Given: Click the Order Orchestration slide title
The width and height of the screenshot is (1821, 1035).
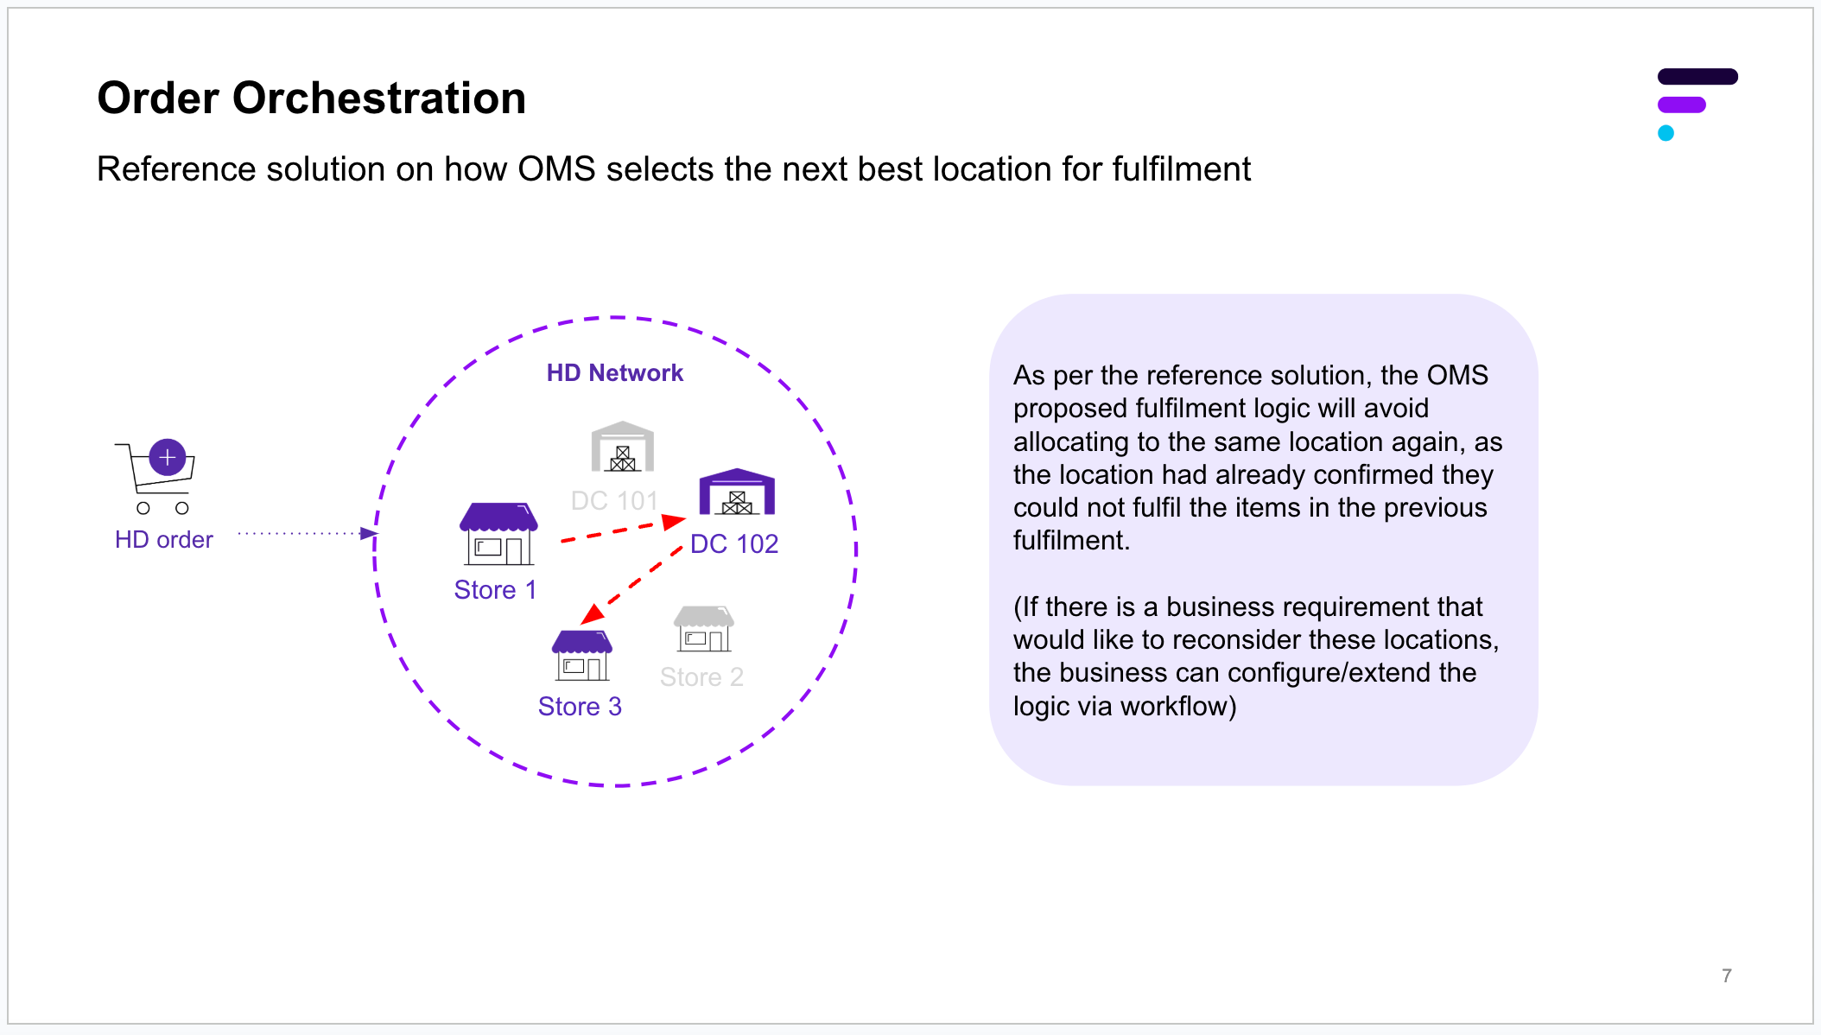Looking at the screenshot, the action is point(311,98).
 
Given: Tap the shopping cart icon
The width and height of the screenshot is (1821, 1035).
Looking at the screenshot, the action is point(155,477).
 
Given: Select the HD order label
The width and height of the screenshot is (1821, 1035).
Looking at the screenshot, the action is point(164,540).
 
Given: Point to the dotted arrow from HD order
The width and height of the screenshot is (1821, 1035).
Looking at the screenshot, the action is point(308,533).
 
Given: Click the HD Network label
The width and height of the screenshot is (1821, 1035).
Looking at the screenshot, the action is point(615,373).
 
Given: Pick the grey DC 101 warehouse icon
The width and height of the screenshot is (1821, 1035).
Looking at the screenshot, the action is point(622,446).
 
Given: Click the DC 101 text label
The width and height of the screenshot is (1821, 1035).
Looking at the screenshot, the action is point(615,500).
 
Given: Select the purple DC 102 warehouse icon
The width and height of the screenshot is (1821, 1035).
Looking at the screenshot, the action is point(737,492).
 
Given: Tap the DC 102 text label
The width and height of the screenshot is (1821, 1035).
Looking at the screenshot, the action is point(734,543).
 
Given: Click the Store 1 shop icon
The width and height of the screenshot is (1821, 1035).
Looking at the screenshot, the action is point(499,534).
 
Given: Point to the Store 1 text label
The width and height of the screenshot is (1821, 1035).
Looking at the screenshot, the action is point(495,590).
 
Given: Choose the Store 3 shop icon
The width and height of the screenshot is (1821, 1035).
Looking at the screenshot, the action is point(582,655).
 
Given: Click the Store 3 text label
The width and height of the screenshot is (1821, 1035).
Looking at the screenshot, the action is point(580,707).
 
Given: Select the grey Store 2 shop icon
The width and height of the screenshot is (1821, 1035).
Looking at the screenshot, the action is point(704,629).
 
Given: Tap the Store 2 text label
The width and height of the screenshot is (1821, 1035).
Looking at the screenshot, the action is point(701,677).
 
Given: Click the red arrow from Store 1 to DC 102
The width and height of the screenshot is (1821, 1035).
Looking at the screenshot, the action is point(623,530).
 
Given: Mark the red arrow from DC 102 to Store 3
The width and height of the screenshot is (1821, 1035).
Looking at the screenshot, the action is point(631,585).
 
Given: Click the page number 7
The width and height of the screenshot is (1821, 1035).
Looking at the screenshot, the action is point(1727,975).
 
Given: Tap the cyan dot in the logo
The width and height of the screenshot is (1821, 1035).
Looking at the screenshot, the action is point(1666,133).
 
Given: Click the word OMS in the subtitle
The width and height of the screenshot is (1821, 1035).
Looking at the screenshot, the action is point(557,169).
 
